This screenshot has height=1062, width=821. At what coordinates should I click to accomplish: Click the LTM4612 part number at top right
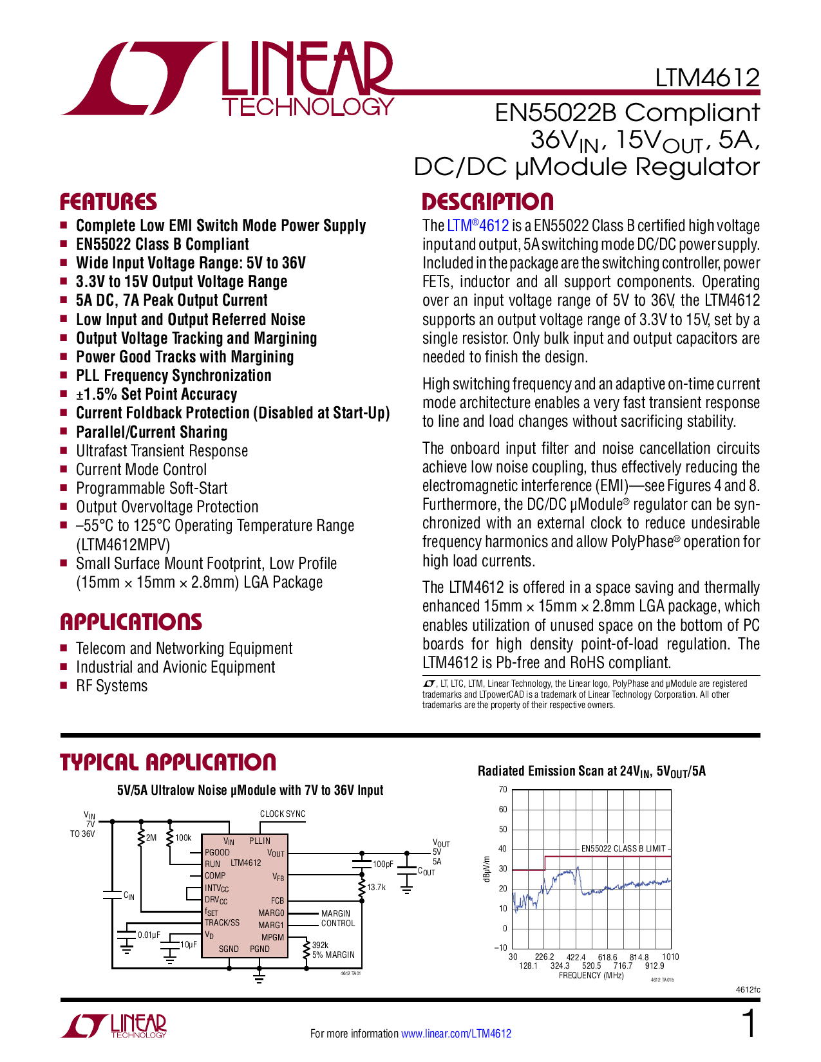point(707,78)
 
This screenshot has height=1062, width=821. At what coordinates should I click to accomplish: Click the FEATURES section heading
point(108,202)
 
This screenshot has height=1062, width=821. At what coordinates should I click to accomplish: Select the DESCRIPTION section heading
point(487,202)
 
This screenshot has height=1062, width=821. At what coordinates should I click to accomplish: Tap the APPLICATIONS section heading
point(131,622)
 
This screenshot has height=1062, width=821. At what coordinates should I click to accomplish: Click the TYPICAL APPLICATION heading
point(168,763)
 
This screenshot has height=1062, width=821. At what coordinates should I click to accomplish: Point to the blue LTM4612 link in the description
point(478,226)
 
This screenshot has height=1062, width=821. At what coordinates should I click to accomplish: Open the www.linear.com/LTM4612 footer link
point(456,1034)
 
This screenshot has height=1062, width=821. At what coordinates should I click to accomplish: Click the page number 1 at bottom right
point(749,1024)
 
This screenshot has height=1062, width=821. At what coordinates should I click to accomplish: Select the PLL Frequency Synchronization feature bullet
point(173,376)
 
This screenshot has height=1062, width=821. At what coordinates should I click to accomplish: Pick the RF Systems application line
point(111,686)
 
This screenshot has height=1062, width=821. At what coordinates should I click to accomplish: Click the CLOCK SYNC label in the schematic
point(283,814)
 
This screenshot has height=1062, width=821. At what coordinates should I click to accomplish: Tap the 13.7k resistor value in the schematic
point(376,887)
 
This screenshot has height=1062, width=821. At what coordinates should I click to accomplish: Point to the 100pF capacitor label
point(382,864)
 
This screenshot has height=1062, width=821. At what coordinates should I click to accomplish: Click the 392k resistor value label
point(320,945)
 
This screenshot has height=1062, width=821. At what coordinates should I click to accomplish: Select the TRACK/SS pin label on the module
point(222,922)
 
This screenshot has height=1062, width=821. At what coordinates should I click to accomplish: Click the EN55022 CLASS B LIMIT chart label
point(623,848)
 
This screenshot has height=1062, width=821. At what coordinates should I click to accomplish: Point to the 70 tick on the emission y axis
point(503,790)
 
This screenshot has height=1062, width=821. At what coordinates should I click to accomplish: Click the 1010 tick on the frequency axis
point(670,957)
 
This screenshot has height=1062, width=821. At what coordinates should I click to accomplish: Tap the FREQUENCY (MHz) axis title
point(591,976)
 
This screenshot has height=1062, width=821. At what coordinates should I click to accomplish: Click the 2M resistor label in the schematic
point(151,837)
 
